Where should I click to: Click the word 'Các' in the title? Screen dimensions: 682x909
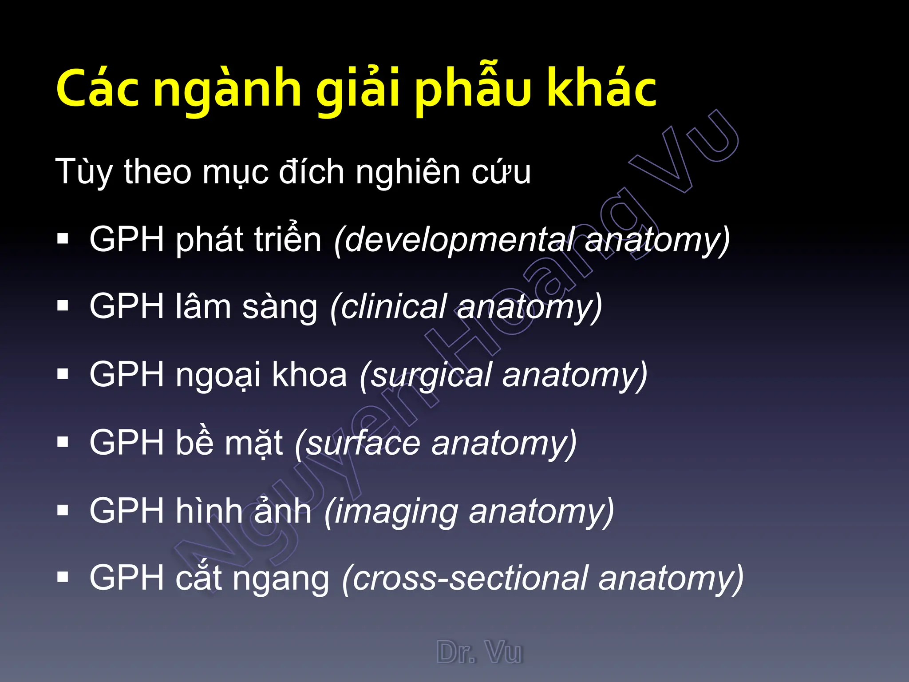click(x=98, y=89)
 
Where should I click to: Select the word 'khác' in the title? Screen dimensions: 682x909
click(x=601, y=89)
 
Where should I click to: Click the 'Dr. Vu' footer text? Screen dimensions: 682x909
click(x=479, y=652)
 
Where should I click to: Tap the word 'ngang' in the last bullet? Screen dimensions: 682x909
click(x=281, y=579)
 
